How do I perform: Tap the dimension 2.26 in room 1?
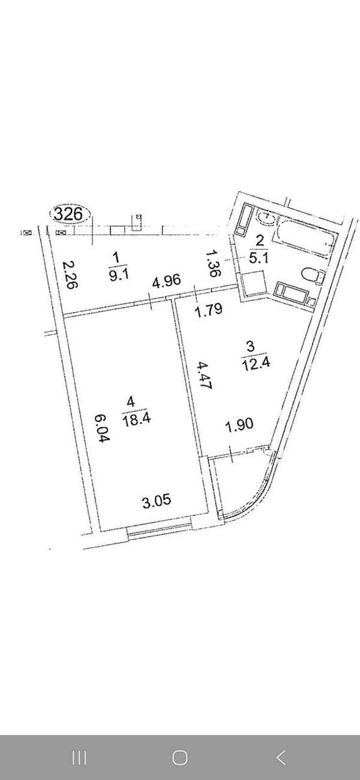tap(69, 275)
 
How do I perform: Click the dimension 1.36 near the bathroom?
tap(212, 263)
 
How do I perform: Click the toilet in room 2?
tap(314, 276)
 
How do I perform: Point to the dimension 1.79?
tap(209, 310)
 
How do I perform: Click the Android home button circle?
tap(180, 757)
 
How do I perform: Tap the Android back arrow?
tap(281, 757)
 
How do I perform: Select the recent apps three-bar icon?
tap(79, 757)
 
